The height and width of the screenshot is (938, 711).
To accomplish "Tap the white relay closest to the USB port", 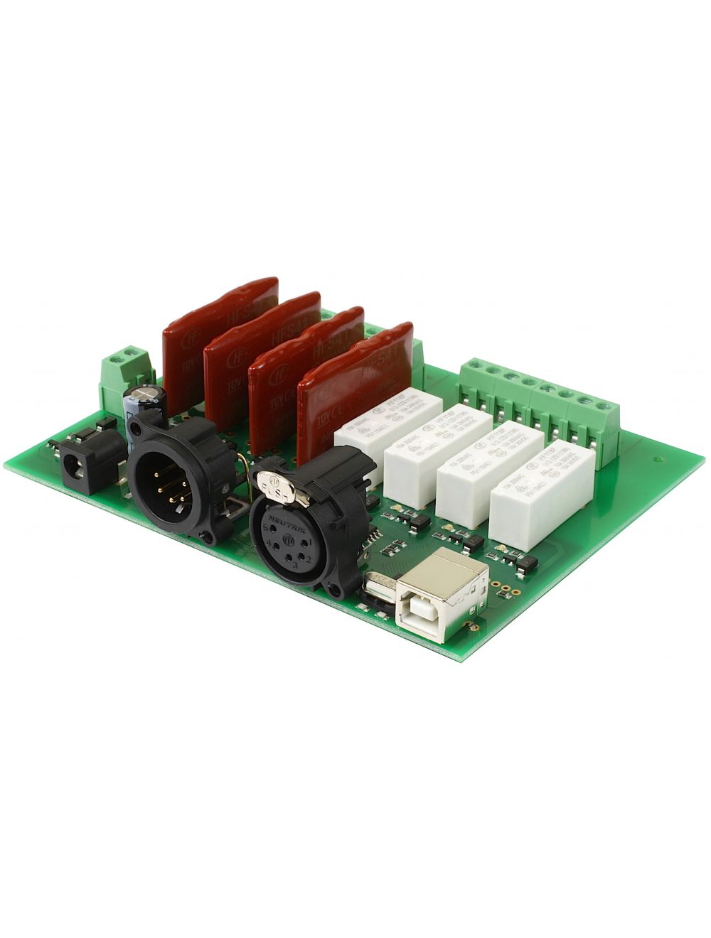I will (x=542, y=490).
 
